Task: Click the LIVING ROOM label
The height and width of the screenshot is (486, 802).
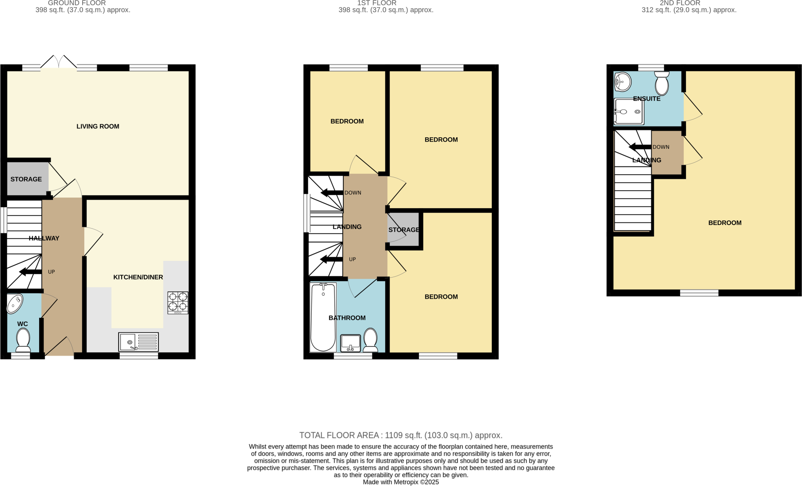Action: click(x=98, y=126)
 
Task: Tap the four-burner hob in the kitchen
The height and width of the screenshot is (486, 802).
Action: click(x=178, y=302)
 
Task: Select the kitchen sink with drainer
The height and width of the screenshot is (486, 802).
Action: click(x=139, y=342)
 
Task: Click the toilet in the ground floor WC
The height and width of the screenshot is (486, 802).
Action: click(x=23, y=340)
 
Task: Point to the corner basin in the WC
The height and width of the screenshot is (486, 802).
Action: click(x=15, y=304)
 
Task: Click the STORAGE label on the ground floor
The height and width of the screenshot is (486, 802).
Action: click(x=26, y=179)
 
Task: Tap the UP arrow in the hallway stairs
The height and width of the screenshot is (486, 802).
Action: click(x=31, y=272)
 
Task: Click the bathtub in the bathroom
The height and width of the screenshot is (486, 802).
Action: click(x=323, y=317)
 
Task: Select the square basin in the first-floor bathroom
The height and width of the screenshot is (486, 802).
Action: click(x=350, y=343)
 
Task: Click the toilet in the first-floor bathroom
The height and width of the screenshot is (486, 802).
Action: click(x=370, y=340)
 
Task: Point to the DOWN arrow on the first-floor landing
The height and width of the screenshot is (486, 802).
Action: click(x=332, y=193)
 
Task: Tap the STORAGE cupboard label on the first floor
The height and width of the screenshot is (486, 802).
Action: click(x=404, y=230)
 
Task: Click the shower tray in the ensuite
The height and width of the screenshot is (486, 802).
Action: click(x=629, y=112)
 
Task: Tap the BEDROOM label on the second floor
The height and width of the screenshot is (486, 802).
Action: click(x=724, y=223)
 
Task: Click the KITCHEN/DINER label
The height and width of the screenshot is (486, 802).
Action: click(x=138, y=277)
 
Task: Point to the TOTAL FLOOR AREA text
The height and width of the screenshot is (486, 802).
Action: click(x=401, y=435)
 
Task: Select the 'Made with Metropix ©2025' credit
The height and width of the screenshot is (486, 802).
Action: click(x=401, y=482)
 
